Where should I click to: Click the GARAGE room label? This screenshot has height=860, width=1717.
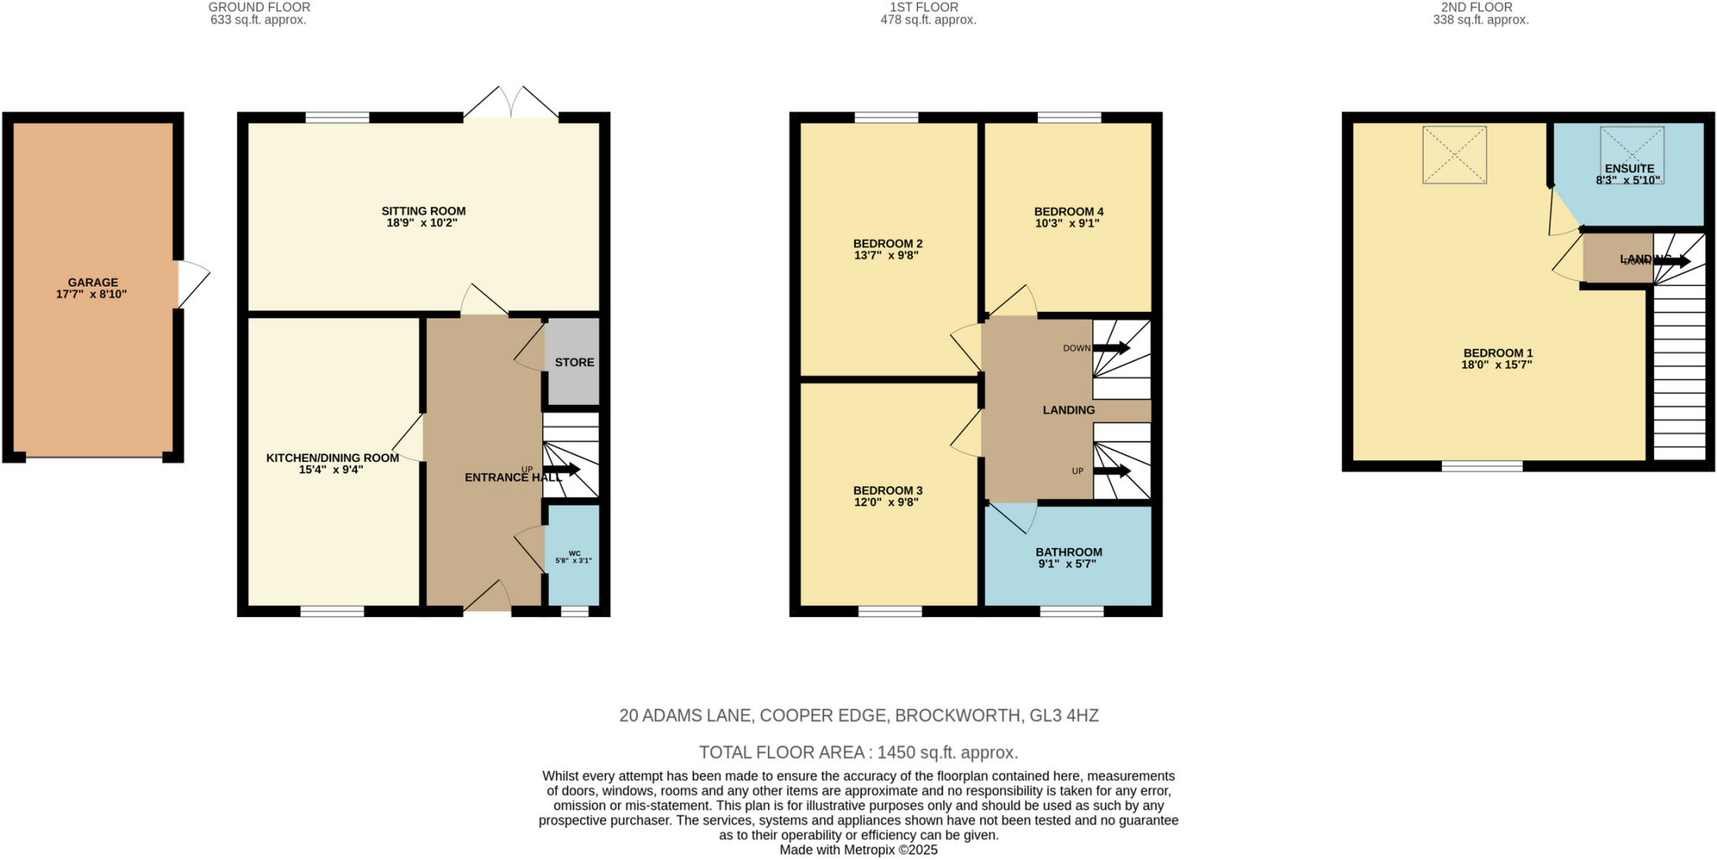click(x=93, y=282)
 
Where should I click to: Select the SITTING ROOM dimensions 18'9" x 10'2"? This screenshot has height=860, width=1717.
click(x=423, y=223)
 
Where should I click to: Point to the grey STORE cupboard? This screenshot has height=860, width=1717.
click(x=573, y=362)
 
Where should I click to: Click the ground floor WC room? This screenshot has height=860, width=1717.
click(x=573, y=557)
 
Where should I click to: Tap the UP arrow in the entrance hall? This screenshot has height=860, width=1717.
click(x=561, y=469)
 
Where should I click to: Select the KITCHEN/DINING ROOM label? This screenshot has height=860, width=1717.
click(x=332, y=458)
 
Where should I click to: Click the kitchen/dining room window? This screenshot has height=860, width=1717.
click(x=332, y=611)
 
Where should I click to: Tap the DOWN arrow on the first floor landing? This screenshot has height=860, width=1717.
click(x=1111, y=348)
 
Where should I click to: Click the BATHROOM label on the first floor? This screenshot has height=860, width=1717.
click(x=1068, y=552)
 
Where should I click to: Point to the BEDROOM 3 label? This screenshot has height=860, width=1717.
click(x=887, y=490)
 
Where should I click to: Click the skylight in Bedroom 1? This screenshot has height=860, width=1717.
click(x=1454, y=155)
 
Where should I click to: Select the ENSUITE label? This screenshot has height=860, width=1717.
click(x=1629, y=168)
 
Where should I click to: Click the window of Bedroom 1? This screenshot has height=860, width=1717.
click(x=1481, y=466)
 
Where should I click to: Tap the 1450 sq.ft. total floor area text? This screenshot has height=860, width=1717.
click(x=947, y=752)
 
